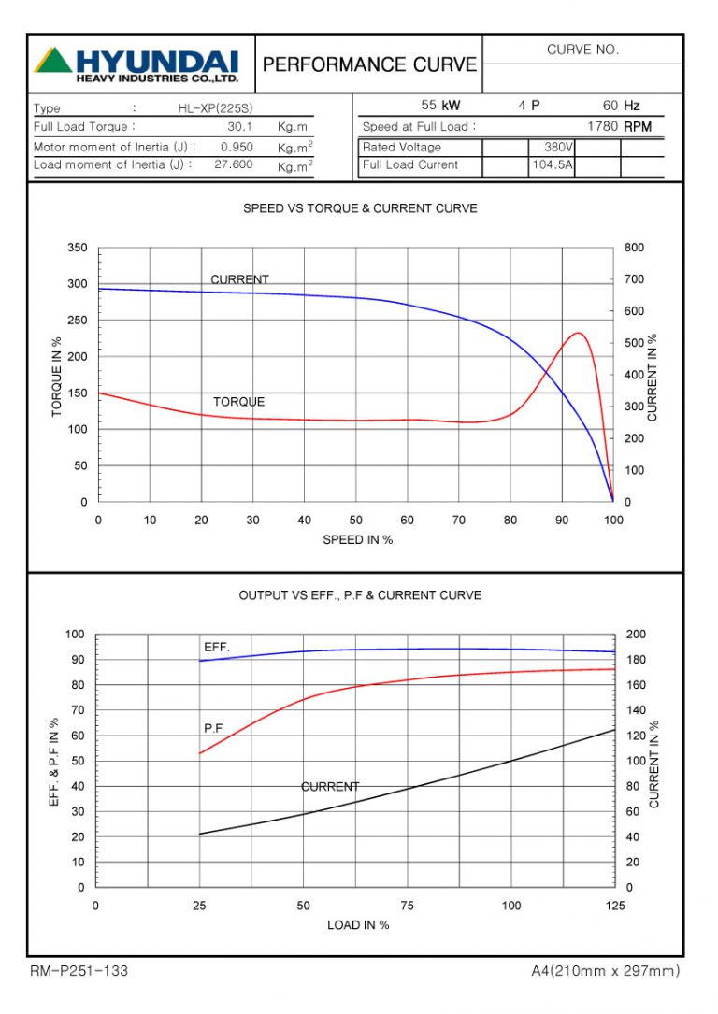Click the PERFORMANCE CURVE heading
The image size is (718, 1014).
coord(369,64)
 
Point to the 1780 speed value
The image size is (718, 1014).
coord(603,126)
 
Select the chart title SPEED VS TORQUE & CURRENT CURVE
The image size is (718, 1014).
coord(360,208)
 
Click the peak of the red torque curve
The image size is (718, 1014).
coord(579,333)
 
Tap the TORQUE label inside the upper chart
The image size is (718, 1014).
coord(238,402)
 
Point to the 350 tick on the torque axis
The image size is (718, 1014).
coord(77,248)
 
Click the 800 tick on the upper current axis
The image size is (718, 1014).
coord(634,248)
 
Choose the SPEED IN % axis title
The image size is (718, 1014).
coord(358,540)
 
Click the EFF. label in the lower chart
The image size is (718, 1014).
coord(217,647)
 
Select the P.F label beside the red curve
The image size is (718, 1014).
coord(214,726)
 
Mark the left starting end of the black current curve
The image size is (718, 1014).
coord(200,834)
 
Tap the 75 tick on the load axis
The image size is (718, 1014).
coord(407,907)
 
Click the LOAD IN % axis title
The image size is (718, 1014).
coord(358,925)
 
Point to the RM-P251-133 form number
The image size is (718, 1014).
coord(79,971)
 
